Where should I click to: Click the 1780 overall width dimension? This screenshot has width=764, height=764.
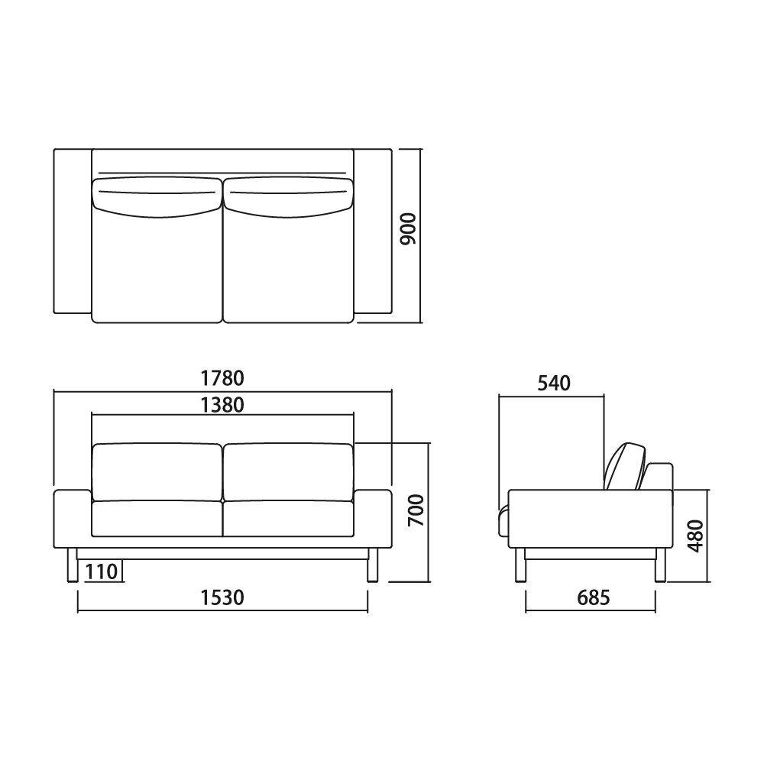222,377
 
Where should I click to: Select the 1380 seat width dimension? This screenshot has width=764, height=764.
222,405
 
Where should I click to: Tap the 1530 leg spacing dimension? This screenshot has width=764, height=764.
222,597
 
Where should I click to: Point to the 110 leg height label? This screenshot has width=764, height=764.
102,571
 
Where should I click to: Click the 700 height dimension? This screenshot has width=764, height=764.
416,510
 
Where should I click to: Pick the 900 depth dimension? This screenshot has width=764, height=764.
408,228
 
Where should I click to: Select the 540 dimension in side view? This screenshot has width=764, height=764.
554,384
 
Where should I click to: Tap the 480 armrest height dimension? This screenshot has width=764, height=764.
697,536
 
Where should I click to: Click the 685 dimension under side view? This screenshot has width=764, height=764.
594,597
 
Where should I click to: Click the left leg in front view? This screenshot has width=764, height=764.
72,565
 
